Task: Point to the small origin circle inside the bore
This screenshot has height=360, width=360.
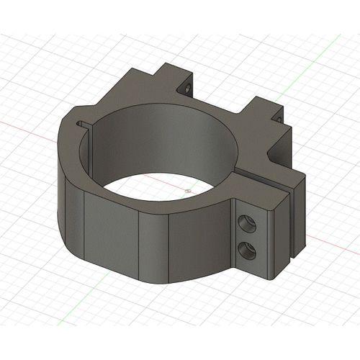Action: (x=187, y=191)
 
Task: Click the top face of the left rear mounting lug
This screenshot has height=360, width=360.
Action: (x=167, y=72)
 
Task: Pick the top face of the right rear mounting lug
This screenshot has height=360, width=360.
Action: (x=261, y=105)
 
